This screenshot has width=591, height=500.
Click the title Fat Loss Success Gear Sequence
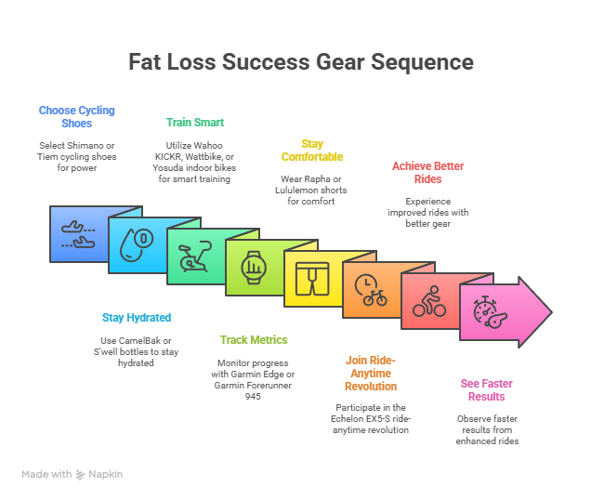coord(301,62)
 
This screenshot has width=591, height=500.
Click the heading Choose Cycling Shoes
coord(77,117)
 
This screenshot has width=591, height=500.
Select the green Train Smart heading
coord(195,123)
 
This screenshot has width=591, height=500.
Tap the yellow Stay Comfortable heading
coord(312,151)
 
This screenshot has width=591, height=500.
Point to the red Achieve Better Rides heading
coord(427,173)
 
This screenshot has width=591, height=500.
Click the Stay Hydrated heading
coord(137,318)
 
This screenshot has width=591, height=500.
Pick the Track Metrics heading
coord(254,340)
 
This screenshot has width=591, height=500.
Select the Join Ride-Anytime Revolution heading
coord(371,374)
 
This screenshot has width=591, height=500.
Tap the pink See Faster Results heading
coord(487,390)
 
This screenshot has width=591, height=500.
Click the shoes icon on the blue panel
coord(78,234)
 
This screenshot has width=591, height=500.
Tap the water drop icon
coord(137,244)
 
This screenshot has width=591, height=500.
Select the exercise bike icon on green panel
coord(195,257)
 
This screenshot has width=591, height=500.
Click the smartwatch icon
coord(254,268)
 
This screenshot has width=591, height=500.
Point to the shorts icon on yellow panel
coord(312,279)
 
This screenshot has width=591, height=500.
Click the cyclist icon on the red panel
coord(429,301)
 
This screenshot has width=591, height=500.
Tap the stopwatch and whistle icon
coord(490,312)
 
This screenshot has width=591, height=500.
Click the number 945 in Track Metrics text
coord(253,397)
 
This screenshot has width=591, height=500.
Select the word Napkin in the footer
coord(106,474)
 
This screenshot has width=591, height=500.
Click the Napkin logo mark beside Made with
coord(80,475)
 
